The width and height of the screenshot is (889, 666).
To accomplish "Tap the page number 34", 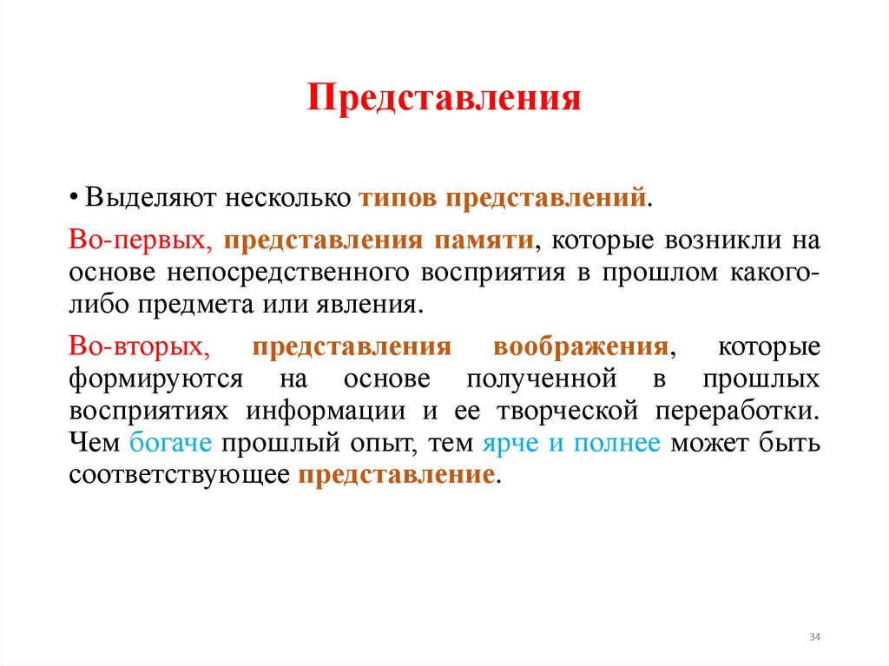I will tap(814, 637).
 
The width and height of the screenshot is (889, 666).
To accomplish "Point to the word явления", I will tap(379, 306).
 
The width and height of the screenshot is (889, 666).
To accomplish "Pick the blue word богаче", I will tap(170, 444).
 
